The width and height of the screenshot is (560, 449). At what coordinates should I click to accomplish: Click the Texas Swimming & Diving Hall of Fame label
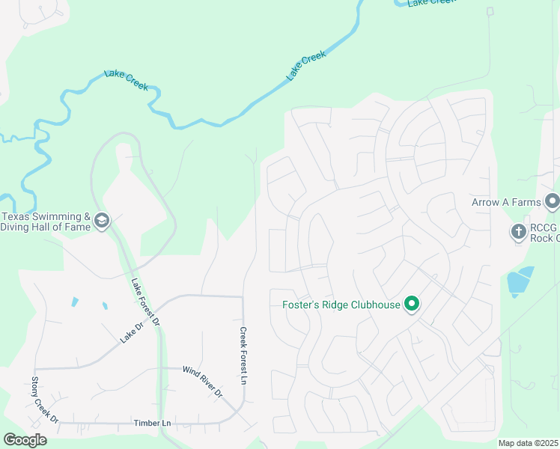45,222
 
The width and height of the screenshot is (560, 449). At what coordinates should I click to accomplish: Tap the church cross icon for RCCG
518,232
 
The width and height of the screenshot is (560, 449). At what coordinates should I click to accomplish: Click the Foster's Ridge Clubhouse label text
341,305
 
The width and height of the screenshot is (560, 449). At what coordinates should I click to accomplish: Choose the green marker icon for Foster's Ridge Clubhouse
411,304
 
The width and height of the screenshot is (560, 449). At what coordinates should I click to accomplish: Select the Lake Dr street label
131,333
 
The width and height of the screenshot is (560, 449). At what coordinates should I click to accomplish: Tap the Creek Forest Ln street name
243,355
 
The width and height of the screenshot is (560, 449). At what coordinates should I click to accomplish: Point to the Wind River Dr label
203,380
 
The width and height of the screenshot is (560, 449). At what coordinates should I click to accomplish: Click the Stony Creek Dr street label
45,400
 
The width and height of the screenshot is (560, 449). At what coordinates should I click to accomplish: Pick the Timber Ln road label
152,424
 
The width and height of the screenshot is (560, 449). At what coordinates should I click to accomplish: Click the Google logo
25,440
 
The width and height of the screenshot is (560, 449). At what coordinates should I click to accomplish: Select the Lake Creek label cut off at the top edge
430,3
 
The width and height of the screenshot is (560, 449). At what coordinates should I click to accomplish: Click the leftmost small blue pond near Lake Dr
75,302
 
